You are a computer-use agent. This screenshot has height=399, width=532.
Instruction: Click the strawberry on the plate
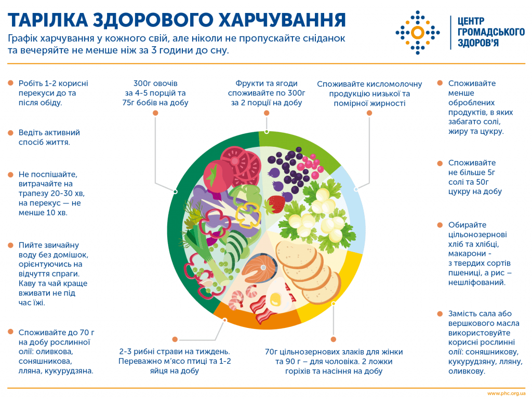pos(276,203)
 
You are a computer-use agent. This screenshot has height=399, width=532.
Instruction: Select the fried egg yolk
pos(275,299)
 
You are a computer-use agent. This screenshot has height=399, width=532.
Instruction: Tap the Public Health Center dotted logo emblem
pos(417,32)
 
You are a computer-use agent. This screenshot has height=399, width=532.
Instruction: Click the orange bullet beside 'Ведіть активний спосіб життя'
pos(10,133)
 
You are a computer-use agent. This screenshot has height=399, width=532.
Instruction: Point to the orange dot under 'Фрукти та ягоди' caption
pos(267,113)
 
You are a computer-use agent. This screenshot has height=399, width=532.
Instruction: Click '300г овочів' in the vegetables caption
pos(156,83)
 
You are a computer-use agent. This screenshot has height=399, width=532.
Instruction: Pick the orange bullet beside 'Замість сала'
pos(440,313)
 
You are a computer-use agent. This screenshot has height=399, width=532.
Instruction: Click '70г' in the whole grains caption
pos(273,352)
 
